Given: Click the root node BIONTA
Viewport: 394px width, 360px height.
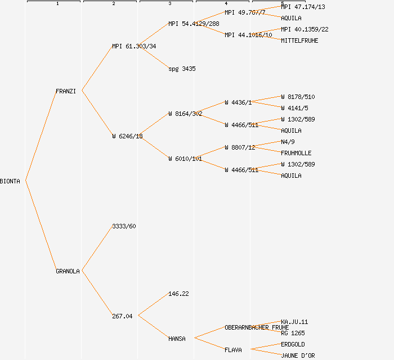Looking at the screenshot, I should [x=10, y=181].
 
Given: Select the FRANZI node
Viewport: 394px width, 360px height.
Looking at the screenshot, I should [x=65, y=91].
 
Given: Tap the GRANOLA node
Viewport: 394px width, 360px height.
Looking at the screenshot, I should [x=68, y=271].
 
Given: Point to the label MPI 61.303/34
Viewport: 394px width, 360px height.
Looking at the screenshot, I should [x=134, y=46].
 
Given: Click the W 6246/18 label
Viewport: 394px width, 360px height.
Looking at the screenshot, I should [x=127, y=136].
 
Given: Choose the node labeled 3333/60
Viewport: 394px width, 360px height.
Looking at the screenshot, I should [x=124, y=226].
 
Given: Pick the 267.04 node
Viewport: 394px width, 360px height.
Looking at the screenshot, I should [x=122, y=316].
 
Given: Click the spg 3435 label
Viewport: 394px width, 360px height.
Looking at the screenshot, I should [x=182, y=69].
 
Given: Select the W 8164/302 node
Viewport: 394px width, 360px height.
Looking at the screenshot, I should [x=185, y=114].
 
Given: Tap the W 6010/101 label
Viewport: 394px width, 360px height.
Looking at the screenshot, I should [x=185, y=159].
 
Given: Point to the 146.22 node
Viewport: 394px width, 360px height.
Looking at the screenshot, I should [x=178, y=294].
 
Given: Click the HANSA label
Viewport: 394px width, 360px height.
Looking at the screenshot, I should [x=177, y=339].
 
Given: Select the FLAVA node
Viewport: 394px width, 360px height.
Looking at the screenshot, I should [x=233, y=350].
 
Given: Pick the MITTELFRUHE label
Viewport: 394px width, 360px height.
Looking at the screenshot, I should [x=299, y=40].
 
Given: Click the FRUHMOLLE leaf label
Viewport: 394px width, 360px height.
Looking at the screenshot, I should [x=296, y=153].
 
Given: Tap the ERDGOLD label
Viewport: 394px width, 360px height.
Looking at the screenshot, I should [x=293, y=344].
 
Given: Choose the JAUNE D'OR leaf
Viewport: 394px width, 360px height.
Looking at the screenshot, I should [x=298, y=355].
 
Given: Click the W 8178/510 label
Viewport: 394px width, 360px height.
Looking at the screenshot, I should [x=298, y=97].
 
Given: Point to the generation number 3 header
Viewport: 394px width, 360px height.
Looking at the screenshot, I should [x=169, y=4].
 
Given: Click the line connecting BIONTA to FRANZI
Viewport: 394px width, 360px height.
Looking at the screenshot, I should [x=41, y=136].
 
